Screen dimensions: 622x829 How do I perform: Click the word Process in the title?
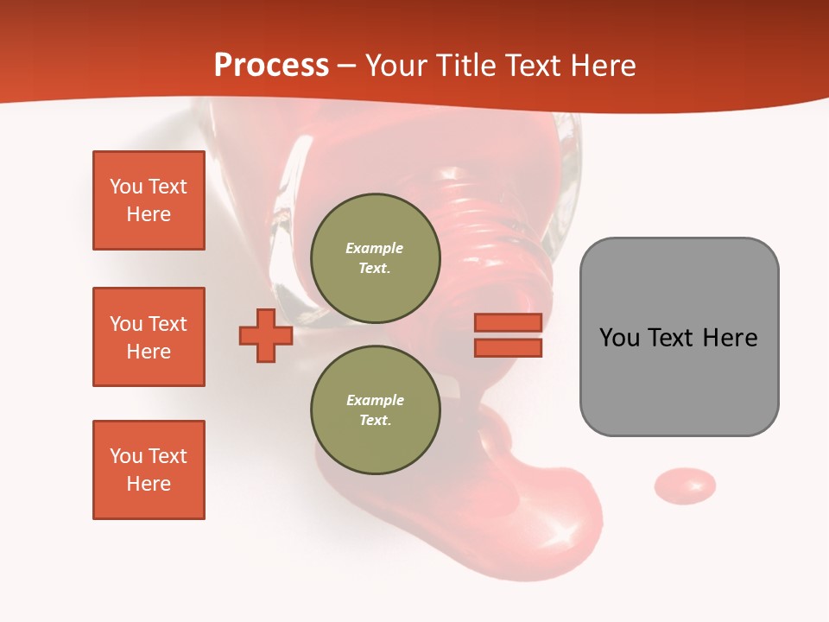pyautogui.click(x=271, y=66)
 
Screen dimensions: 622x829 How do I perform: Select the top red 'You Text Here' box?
pyautogui.click(x=149, y=200)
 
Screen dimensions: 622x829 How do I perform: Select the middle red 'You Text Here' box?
pyautogui.click(x=149, y=337)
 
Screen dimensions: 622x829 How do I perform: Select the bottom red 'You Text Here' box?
pyautogui.click(x=149, y=470)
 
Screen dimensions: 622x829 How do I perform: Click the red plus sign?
pyautogui.click(x=266, y=335)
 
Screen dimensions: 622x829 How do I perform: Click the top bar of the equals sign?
pyautogui.click(x=508, y=322)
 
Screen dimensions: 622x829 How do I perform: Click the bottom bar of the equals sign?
pyautogui.click(x=508, y=348)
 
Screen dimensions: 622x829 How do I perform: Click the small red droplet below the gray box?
pyautogui.click(x=685, y=486)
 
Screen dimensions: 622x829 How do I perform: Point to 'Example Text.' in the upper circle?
pyautogui.click(x=375, y=257)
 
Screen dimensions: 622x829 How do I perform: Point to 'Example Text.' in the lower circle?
pyautogui.click(x=375, y=410)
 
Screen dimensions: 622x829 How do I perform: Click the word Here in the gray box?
pyautogui.click(x=730, y=338)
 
